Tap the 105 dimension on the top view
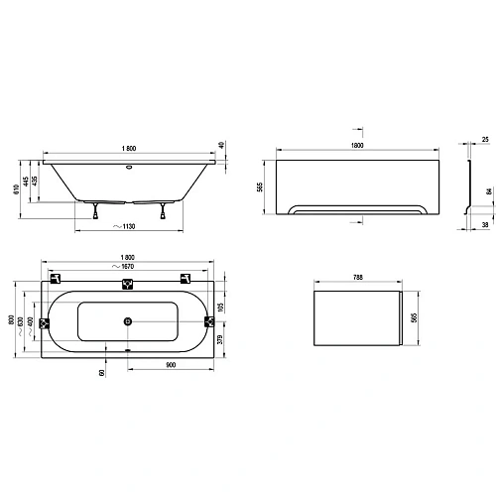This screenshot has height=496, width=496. click(223, 306)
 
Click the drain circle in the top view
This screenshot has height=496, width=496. click(128, 320)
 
